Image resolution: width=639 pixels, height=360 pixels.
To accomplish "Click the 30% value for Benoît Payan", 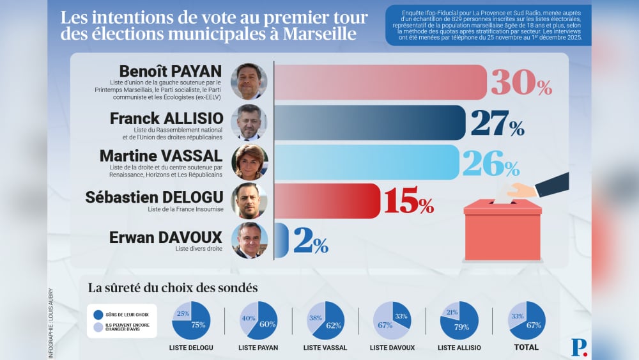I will point(521,82).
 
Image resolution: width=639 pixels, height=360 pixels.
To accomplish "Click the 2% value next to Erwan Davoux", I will point(311,240).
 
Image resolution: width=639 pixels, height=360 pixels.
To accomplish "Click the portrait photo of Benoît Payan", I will point(249,82).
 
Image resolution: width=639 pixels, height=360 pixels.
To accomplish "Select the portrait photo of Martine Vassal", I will point(249,162).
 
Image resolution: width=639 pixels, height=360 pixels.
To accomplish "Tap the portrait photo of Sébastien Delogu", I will point(249,201).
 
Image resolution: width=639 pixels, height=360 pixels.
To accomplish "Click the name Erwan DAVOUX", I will point(166,237).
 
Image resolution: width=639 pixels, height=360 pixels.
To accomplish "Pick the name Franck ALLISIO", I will point(166,118).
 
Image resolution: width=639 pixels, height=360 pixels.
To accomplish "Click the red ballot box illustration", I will point(502,230).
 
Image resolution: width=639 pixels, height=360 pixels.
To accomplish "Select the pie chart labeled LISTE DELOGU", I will point(191,320).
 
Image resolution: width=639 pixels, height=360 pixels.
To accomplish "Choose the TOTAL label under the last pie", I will point(527,348).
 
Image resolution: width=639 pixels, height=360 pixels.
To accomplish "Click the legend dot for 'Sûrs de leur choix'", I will point(98,315).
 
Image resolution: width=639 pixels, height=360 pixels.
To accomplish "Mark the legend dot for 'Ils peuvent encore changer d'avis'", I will point(98,328).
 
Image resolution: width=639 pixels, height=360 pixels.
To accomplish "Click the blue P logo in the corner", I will point(578,347).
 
